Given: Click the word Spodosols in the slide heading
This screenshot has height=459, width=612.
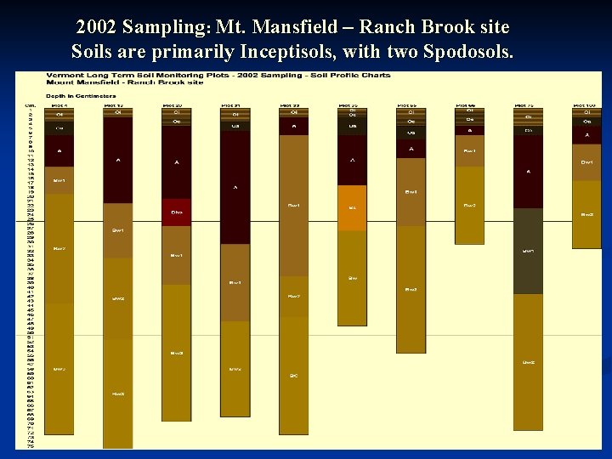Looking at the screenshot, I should coord(468,51).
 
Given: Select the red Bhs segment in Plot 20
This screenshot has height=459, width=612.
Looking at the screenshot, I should coord(177,212).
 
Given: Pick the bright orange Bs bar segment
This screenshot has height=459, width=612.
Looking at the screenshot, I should coord(352,207).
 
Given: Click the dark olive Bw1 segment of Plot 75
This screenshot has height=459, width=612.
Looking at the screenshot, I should coord(528,251).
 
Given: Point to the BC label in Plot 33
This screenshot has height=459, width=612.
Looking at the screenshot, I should coord(293,374).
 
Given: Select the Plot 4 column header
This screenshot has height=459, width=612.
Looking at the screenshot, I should coord(59,105).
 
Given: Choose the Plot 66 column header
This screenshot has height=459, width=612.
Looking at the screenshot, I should coord(469,105).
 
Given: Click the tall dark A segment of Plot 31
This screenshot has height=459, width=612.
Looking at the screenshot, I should coord(235,187).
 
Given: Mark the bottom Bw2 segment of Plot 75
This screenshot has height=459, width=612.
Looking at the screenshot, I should coord(528,361).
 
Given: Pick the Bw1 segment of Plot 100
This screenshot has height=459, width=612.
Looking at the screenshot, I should coord(586,162).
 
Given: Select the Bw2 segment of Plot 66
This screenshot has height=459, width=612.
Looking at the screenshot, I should coord(469,205).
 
